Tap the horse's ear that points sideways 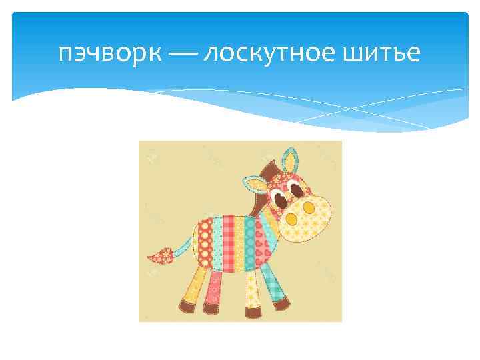pyautogui.click(x=254, y=184)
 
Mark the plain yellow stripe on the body pyautogui.click(x=239, y=244)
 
